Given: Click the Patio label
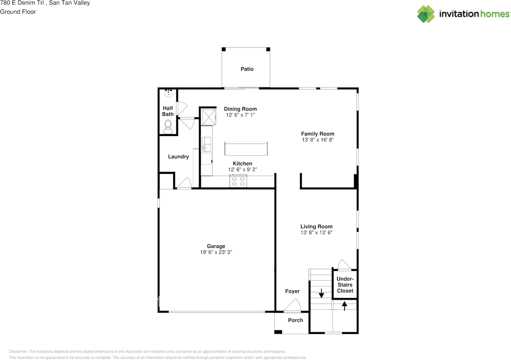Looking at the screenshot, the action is pyautogui.click(x=247, y=69).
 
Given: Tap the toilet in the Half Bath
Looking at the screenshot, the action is pyautogui.click(x=168, y=127).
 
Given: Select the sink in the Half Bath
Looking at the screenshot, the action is pyautogui.click(x=168, y=93).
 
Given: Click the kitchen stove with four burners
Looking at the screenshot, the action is pyautogui.click(x=238, y=181).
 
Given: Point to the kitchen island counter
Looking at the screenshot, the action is pyautogui.click(x=246, y=148).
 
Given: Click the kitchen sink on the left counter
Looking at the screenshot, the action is pyautogui.click(x=206, y=144).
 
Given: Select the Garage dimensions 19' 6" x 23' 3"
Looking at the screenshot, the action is pyautogui.click(x=216, y=252).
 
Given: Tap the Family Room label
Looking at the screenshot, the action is pyautogui.click(x=317, y=134).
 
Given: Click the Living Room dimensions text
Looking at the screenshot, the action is pyautogui.click(x=317, y=232).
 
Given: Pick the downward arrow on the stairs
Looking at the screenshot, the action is pyautogui.click(x=321, y=293).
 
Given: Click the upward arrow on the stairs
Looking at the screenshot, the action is pyautogui.click(x=345, y=306).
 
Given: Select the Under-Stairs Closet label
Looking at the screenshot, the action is pyautogui.click(x=345, y=285).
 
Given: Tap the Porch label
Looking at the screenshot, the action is pyautogui.click(x=295, y=320).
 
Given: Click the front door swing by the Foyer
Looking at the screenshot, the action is pyautogui.click(x=293, y=305).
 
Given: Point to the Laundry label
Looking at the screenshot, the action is pyautogui.click(x=178, y=156).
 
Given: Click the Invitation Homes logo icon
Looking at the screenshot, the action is pyautogui.click(x=426, y=14).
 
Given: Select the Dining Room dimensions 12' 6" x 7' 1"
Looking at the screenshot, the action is pyautogui.click(x=240, y=115).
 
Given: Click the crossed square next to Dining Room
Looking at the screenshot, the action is pyautogui.click(x=209, y=117).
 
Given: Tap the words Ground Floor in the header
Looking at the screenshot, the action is pyautogui.click(x=18, y=12).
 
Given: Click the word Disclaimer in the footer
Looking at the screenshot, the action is pyautogui.click(x=18, y=351).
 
